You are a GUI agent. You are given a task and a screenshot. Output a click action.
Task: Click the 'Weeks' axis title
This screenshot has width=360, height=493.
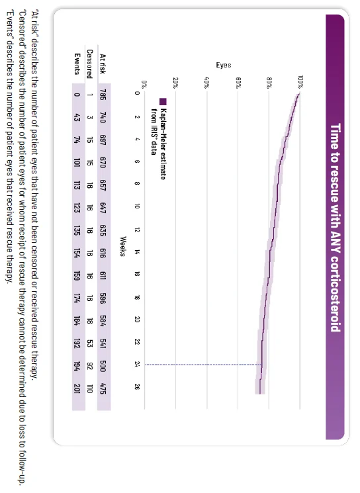click(122, 240)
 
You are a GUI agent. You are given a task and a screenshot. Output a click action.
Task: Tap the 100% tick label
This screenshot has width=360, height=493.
click(300, 81)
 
